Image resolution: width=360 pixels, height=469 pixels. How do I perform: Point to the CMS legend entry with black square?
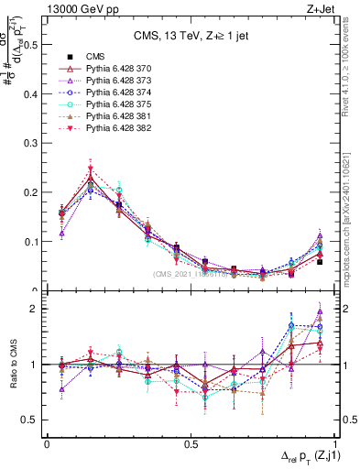84,57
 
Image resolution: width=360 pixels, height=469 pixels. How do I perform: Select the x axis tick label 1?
335,443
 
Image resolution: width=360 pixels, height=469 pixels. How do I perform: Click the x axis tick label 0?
47,443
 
